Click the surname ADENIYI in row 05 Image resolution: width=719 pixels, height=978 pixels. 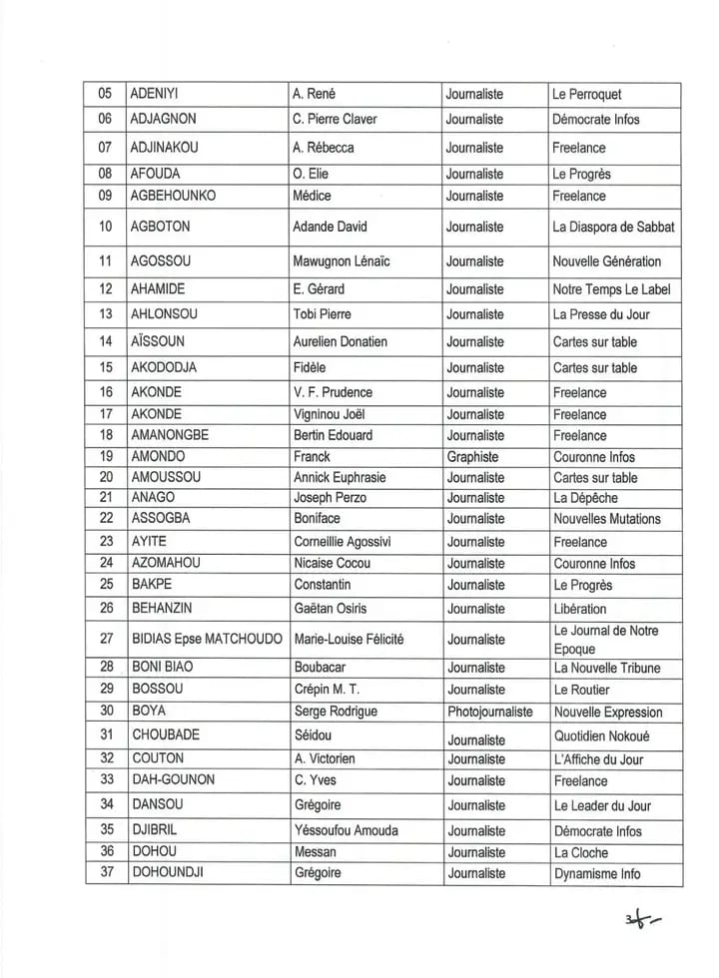[157, 95]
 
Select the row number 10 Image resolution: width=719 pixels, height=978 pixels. [106, 227]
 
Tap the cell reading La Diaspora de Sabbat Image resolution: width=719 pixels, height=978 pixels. [613, 227]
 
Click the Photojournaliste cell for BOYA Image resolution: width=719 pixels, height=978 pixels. [489, 713]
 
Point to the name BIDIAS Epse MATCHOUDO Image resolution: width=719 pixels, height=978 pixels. [207, 639]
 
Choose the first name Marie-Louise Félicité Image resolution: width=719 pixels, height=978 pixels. [349, 639]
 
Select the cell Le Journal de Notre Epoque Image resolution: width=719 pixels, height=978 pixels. [605, 639]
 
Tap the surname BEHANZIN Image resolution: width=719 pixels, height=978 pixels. [165, 609]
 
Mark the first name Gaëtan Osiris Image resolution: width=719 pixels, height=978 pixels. [337, 609]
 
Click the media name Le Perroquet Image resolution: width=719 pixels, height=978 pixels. [586, 95]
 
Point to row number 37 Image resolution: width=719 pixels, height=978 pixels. [106, 873]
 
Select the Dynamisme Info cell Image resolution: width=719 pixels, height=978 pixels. [597, 874]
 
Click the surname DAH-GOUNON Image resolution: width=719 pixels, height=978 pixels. [173, 780]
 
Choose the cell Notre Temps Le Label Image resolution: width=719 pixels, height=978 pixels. [611, 289]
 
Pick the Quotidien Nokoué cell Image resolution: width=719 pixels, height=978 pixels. [600, 736]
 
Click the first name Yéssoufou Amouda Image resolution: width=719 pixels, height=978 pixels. [349, 830]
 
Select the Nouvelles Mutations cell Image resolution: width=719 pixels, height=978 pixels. [607, 519]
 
